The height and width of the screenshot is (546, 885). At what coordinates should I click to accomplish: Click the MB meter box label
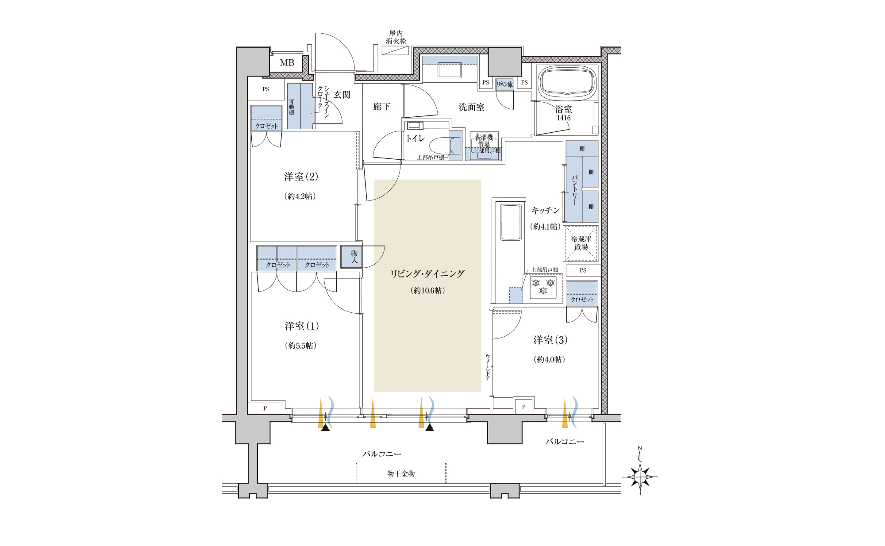point(287,63)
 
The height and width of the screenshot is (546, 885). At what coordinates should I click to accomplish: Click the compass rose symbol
point(640,476)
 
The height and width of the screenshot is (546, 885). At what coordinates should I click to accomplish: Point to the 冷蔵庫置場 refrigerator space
point(581,243)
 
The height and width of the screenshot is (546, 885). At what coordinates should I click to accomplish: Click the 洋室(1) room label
point(302,326)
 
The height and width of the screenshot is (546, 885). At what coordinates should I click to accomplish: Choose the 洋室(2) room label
point(301,177)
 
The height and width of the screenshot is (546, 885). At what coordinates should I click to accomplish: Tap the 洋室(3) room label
point(550,340)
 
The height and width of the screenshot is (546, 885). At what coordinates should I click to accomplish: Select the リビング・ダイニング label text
point(427,274)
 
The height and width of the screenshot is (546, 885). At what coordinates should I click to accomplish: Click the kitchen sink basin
point(511,222)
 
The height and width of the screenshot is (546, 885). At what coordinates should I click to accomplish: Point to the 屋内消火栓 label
point(396,37)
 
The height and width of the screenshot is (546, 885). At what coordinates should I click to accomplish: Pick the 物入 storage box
point(352,257)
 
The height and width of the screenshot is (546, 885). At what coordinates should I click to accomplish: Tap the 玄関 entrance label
point(342,95)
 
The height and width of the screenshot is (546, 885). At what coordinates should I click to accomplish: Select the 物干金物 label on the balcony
point(401,473)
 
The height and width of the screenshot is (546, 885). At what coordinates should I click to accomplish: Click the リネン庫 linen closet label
point(504,84)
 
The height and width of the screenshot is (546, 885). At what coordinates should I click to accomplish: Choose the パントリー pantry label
point(574,190)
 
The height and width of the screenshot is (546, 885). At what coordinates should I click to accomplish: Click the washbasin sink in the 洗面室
point(450,70)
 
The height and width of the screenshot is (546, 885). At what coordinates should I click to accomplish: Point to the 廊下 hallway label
point(381,107)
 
